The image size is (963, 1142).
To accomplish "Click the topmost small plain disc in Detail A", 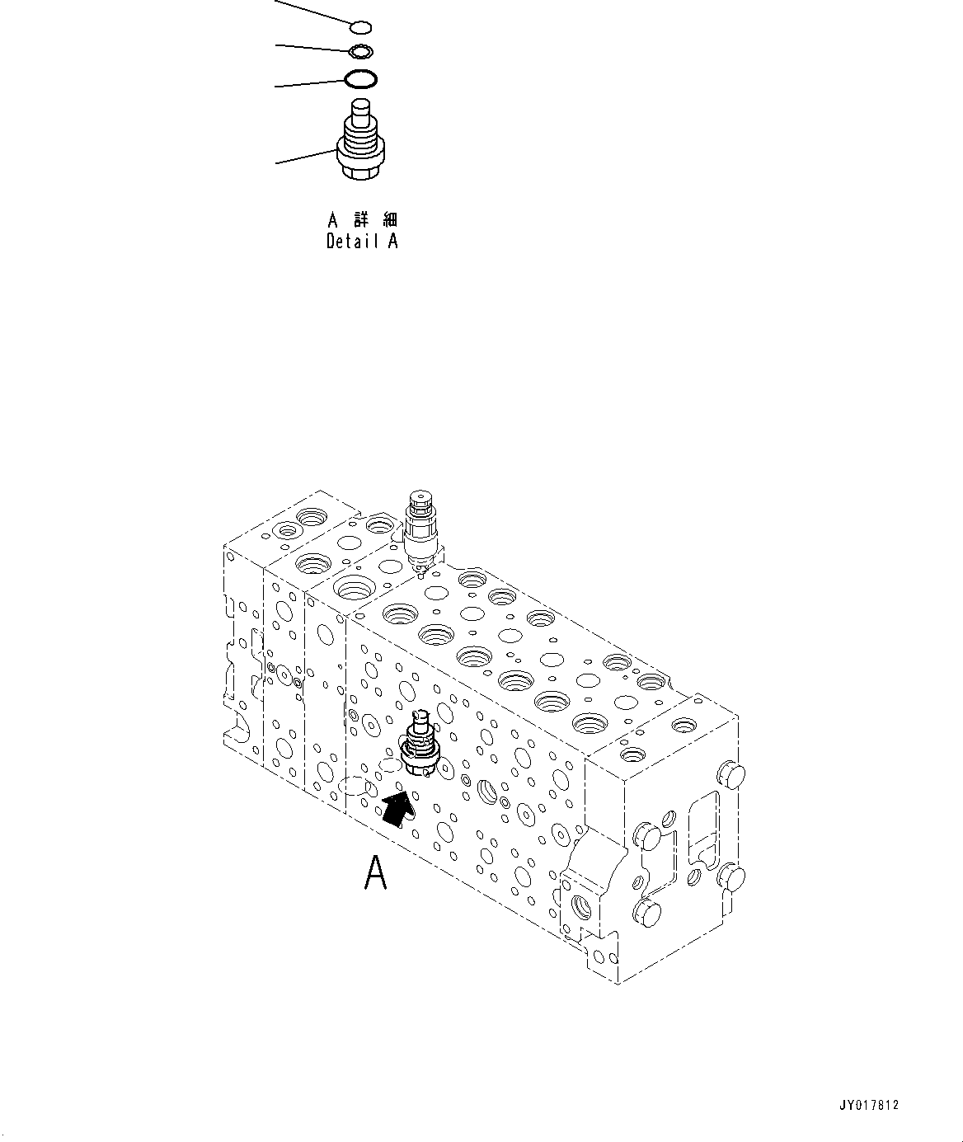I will pos(361,28).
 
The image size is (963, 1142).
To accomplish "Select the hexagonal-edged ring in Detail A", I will pos(360,53).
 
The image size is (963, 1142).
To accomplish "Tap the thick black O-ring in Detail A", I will pos(361,80).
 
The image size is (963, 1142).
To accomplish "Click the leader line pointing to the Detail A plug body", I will pos(305,155).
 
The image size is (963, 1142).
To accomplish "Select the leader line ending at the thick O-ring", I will pos(309,83).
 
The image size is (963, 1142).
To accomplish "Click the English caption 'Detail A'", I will pos(362,242).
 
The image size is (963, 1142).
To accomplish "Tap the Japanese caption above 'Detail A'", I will pos(362,220).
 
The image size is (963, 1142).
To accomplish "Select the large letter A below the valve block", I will pos(375,873).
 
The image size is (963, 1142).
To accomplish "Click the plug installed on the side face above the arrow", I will pos(418,745).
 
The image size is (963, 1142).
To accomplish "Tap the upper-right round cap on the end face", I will pos(731,775).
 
